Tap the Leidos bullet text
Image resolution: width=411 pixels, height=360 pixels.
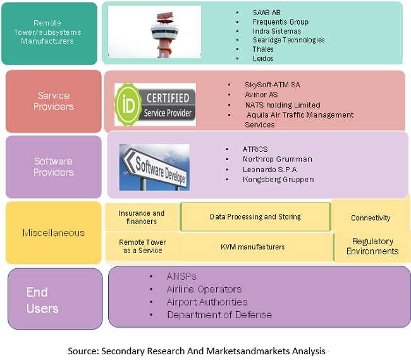(263, 58)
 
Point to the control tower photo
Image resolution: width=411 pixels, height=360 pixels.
(154, 32)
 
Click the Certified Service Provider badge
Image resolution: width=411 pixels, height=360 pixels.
(155, 104)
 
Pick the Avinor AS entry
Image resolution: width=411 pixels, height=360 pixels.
(261, 95)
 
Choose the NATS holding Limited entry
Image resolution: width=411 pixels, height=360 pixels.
(283, 105)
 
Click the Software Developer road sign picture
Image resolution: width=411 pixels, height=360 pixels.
(154, 167)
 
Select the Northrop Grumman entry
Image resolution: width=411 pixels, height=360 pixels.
(277, 159)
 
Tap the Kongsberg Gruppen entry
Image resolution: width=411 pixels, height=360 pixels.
(278, 180)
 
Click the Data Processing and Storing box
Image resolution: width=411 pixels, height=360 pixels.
(255, 217)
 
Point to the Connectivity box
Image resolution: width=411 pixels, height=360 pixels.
(371, 218)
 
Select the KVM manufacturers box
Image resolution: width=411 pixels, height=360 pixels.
(253, 247)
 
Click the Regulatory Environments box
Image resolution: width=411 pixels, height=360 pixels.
(372, 246)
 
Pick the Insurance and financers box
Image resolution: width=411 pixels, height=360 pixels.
(142, 218)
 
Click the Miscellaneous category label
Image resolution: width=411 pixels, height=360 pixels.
(53, 233)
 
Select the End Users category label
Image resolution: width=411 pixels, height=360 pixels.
(42, 301)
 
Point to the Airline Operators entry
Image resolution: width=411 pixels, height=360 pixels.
(204, 289)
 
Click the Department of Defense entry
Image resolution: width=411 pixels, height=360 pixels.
(219, 314)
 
